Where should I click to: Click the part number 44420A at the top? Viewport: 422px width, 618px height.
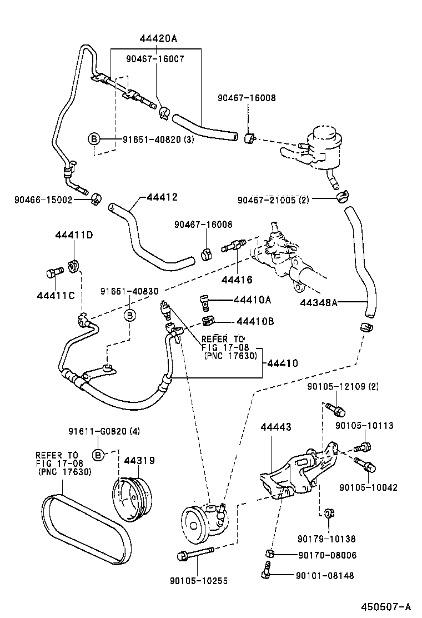click(158, 38)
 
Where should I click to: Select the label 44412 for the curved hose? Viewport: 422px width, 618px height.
click(162, 197)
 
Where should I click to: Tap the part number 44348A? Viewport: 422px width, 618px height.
click(318, 303)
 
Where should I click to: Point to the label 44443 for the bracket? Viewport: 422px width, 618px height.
click(276, 426)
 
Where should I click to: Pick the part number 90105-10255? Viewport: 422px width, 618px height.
click(198, 581)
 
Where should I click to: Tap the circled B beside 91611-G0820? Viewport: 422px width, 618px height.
click(98, 455)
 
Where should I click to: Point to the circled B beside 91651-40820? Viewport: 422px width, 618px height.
click(94, 139)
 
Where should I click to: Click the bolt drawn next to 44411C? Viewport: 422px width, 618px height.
click(51, 274)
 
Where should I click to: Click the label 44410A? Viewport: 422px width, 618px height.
click(252, 300)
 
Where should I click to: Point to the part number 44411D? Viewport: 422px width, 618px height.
click(73, 235)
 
